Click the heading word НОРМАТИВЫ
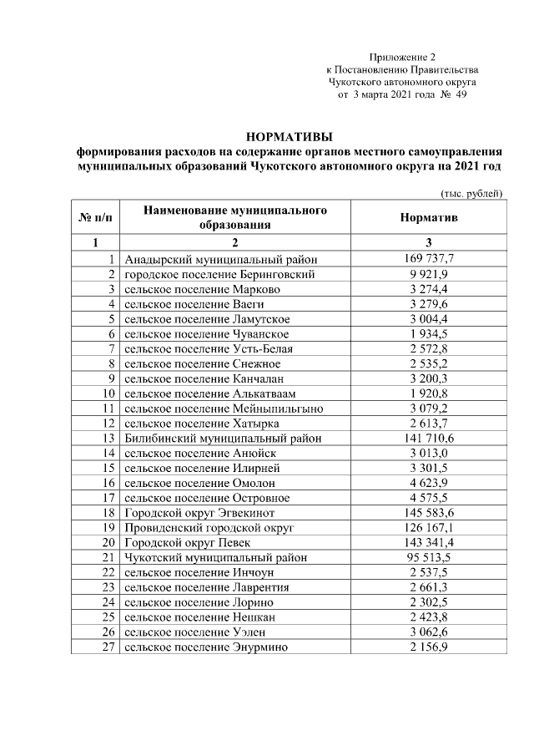click(x=289, y=137)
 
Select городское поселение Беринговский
click(x=220, y=275)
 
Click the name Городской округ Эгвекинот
click(x=205, y=513)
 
